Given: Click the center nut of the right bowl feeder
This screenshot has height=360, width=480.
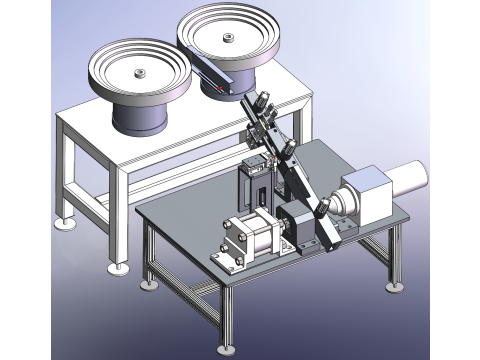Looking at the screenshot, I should [226, 39].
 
